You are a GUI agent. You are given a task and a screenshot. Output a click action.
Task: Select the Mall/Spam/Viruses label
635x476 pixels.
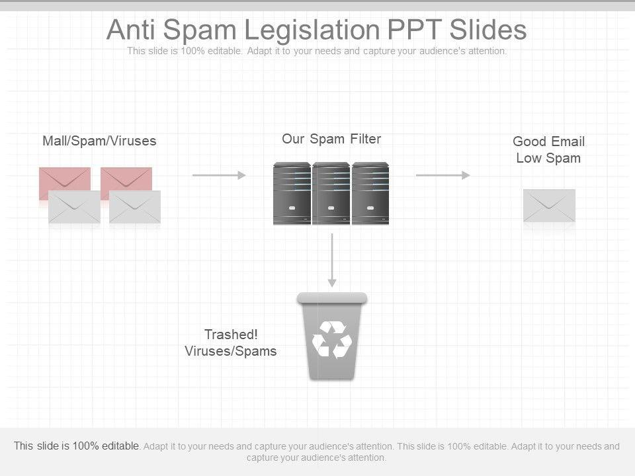tap(99, 141)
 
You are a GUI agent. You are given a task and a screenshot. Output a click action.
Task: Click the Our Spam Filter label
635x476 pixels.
tap(331, 139)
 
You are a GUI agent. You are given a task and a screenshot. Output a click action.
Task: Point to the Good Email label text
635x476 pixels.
tap(548, 141)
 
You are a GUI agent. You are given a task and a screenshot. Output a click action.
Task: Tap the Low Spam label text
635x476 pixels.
tap(548, 158)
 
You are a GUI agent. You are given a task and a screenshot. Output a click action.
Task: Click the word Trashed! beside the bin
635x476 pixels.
tap(231, 335)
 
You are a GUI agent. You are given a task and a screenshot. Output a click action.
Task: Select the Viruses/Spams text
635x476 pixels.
tap(231, 351)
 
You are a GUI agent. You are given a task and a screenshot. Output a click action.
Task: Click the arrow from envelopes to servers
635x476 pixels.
tap(219, 175)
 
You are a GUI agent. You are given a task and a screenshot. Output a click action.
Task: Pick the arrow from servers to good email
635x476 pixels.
tap(443, 175)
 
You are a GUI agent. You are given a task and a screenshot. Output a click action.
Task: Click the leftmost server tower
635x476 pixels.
tap(292, 194)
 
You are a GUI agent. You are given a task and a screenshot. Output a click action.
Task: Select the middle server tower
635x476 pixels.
tap(331, 194)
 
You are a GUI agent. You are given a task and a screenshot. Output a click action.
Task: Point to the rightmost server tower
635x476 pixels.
tap(370, 194)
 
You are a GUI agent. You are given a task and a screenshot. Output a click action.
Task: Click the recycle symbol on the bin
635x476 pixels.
tap(331, 339)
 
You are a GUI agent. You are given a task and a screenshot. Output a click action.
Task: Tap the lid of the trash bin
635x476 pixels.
tap(331, 298)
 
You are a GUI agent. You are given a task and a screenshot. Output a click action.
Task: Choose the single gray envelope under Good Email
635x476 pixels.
tap(549, 206)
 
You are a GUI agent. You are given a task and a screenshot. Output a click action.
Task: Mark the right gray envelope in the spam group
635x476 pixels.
tap(135, 207)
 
